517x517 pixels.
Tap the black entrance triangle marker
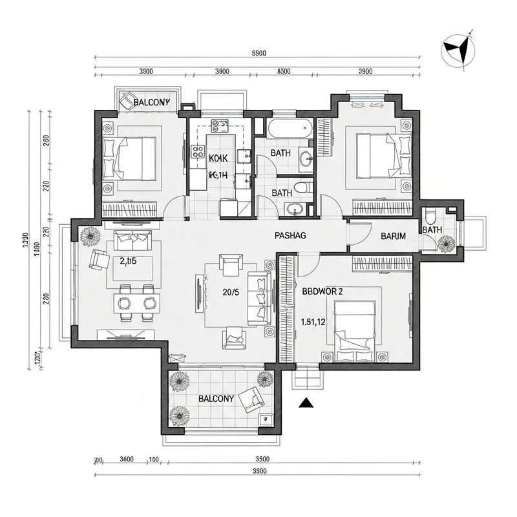[x=307, y=404]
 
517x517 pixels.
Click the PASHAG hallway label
[x=290, y=236]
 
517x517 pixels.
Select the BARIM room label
[x=393, y=236]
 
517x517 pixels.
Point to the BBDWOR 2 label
[x=322, y=291]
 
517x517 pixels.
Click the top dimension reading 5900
[x=258, y=54]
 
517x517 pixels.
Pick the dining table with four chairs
[x=136, y=302]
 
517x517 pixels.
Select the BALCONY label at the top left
[x=151, y=102]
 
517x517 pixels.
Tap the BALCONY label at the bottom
[x=216, y=399]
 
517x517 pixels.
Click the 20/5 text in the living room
[x=231, y=292]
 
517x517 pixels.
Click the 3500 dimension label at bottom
[x=262, y=459]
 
